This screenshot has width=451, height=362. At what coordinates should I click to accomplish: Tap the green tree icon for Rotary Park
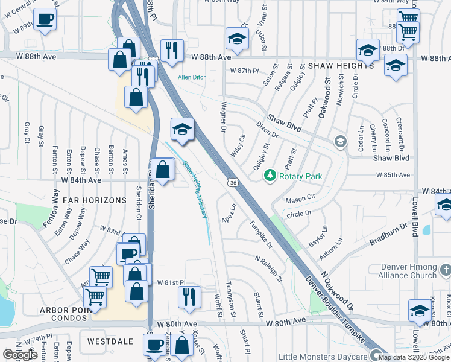(x=270, y=176)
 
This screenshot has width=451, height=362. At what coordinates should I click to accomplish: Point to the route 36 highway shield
(x=232, y=182)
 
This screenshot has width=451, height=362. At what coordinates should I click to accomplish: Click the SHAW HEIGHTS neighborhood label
(x=341, y=65)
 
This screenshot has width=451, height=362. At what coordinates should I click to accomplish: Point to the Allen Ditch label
(x=191, y=77)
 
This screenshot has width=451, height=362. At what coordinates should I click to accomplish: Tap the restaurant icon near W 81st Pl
(x=189, y=297)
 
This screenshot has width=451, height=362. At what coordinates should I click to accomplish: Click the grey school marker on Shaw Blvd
(x=341, y=142)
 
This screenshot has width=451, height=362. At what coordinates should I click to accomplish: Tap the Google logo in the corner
(x=20, y=355)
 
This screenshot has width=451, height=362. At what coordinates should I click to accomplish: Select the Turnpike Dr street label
(x=262, y=235)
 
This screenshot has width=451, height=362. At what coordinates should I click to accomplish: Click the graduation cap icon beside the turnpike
(x=182, y=129)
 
